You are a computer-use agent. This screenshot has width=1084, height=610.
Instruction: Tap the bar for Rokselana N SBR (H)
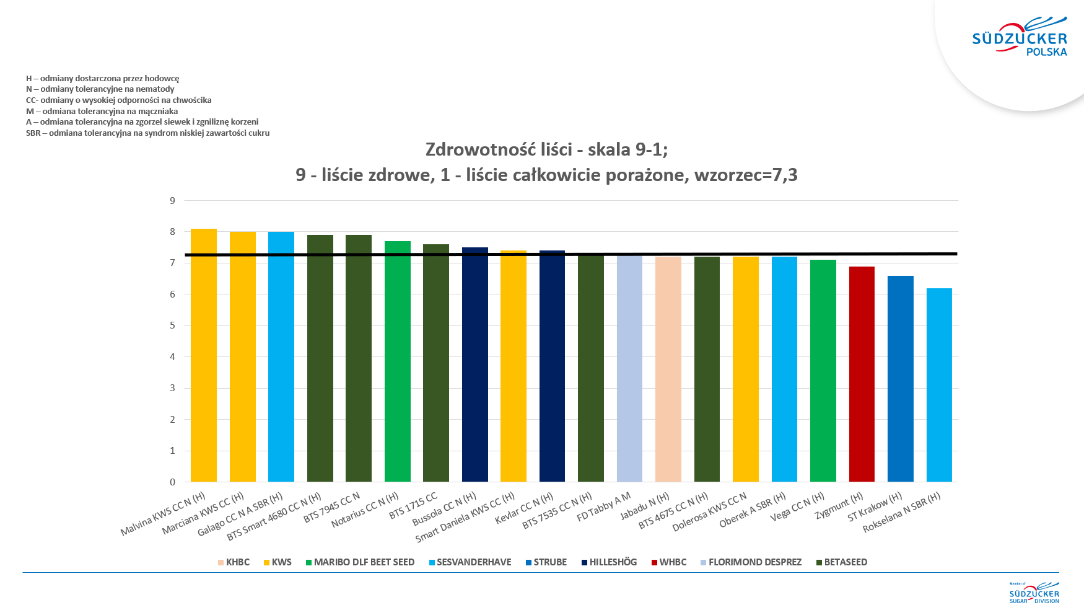(939, 385)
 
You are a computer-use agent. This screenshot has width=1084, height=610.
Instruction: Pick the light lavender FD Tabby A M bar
(629, 369)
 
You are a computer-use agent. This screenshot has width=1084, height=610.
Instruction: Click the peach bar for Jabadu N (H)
(668, 369)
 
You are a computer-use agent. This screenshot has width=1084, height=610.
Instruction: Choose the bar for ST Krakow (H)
(901, 379)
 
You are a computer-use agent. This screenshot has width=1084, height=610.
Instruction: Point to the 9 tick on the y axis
(173, 200)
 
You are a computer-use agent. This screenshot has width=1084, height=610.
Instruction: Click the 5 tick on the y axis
(173, 325)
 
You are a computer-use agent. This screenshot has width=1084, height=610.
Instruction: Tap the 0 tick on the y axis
(173, 482)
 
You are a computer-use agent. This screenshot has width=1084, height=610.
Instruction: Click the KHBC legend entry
(234, 562)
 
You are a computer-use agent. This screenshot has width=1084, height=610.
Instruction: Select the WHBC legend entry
(669, 562)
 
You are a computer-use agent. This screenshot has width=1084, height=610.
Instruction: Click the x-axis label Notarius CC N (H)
(365, 510)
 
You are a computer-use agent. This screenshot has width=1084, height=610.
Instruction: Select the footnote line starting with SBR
(147, 133)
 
